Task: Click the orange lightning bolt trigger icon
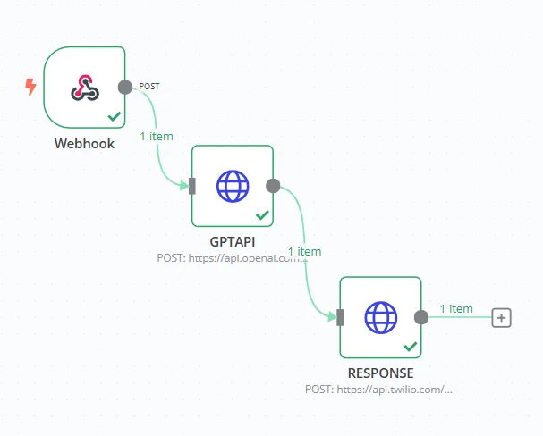pos(31,87)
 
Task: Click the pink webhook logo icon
pos(84,88)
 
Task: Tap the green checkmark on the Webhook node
pos(114,116)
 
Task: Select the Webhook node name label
pos(84,143)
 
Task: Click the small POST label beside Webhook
pos(149,87)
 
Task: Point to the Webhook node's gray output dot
pos(125,87)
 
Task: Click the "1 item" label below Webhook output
pos(157,137)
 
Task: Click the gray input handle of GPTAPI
pos(191,186)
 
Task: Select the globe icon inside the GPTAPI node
pos(233,186)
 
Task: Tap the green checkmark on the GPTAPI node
pos(262,215)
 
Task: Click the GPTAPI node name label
pos(233,241)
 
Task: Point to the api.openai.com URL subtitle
pos(232,257)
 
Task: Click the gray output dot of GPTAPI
pos(274,186)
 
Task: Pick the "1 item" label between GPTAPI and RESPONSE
pos(304,252)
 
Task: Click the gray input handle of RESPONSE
pos(340,317)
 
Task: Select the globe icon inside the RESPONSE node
pos(380,317)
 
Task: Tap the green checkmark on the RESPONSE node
pos(411,346)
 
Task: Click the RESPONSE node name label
pos(380,373)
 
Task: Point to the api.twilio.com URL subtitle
pos(379,390)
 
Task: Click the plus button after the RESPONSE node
pos(502,317)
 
